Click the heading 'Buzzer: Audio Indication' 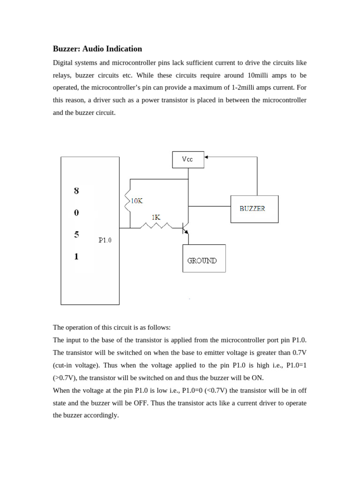point(97,49)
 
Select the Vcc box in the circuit point(187,159)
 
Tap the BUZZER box point(255,209)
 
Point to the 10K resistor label point(136,201)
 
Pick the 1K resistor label point(156,217)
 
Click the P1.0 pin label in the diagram point(105,240)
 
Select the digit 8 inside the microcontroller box point(76,191)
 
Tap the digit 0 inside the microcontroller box point(76,213)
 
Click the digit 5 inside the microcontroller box point(76,235)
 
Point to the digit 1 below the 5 point(76,256)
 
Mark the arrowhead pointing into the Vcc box point(206,157)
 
